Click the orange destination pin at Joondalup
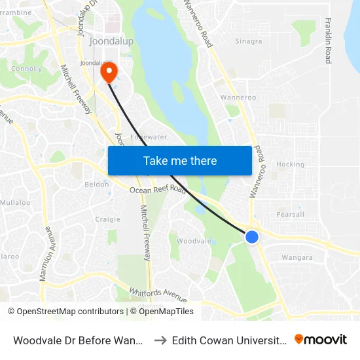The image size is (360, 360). point(107,71)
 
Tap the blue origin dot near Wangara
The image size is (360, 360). point(252,237)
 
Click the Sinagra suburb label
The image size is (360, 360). point(249,41)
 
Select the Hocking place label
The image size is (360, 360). point(290,164)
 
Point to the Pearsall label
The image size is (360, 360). point(290,214)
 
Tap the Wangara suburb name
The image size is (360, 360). point(297,257)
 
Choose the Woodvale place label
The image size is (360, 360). point(194,241)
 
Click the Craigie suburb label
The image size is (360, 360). point(108,219)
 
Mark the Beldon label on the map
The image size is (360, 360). point(97,185)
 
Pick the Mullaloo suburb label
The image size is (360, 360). point(15,203)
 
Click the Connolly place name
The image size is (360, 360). point(26,68)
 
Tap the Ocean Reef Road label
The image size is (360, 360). point(157,190)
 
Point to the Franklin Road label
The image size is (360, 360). point(327,41)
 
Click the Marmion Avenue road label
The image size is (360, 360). point(46,254)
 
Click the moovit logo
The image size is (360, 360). point(321,339)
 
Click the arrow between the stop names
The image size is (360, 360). point(160,340)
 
